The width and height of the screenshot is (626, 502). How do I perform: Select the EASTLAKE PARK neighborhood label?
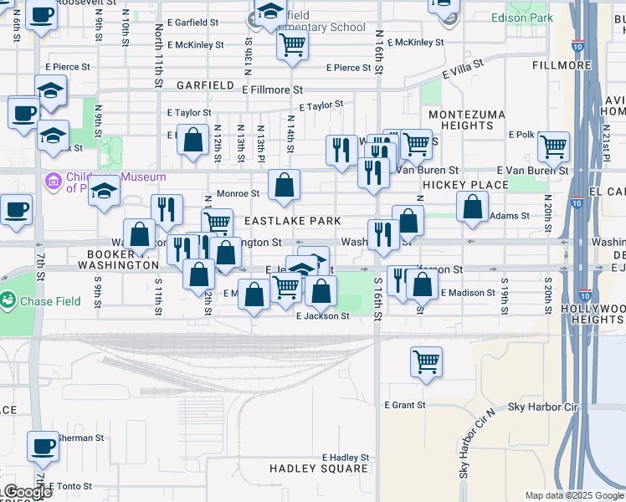point(292,221)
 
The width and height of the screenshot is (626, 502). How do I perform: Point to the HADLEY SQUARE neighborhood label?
point(319,469)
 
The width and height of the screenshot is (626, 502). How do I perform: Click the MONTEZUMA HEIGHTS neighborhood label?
point(461,120)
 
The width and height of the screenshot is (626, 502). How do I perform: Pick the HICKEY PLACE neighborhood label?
point(465,184)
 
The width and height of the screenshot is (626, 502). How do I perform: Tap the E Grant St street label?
point(405,405)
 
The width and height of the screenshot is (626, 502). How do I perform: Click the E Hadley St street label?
point(346,458)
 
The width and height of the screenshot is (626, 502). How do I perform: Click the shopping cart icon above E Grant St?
point(426,361)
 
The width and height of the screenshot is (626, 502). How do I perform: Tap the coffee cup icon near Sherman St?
point(42,447)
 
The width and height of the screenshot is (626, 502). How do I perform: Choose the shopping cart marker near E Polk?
point(553,146)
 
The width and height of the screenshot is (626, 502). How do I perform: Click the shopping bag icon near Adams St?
point(472,208)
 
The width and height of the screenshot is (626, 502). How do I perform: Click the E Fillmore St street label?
point(272,89)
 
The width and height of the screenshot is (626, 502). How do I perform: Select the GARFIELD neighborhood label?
point(205,85)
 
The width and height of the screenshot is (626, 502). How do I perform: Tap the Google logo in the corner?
point(28,493)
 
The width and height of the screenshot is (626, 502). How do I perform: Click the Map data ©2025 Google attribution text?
point(574,495)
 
